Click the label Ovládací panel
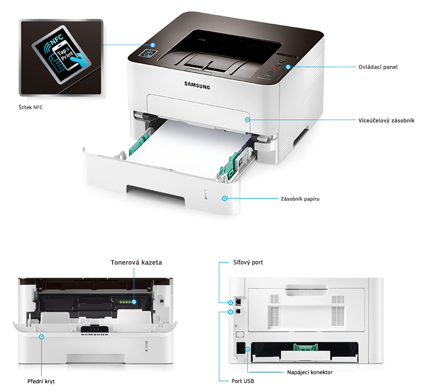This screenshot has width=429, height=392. coord(378,67)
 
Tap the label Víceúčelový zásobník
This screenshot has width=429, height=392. coord(386,121)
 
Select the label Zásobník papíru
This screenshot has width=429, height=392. coord(300,199)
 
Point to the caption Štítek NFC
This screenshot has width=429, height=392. coord(31,108)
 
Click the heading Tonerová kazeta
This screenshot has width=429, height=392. coord(136,262)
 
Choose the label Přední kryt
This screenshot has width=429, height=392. coord(41,381)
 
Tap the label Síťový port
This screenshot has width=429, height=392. coord(248,262)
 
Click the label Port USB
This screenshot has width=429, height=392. coord(243,381)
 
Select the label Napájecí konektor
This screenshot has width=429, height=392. coord(310,373)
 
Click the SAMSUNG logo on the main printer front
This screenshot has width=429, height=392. coord(197,85)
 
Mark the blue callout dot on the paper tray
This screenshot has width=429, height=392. coord(225,199)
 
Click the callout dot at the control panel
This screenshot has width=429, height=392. coord(288,67)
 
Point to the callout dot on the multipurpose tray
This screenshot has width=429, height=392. coord(248,120)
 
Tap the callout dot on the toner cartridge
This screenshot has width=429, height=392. coord(134,302)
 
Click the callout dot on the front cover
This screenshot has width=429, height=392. coord(41,337)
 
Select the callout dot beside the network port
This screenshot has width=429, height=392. coord(231,303)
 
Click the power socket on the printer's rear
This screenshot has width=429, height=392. coord(241,348)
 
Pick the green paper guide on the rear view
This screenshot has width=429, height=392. coord(306,347)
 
